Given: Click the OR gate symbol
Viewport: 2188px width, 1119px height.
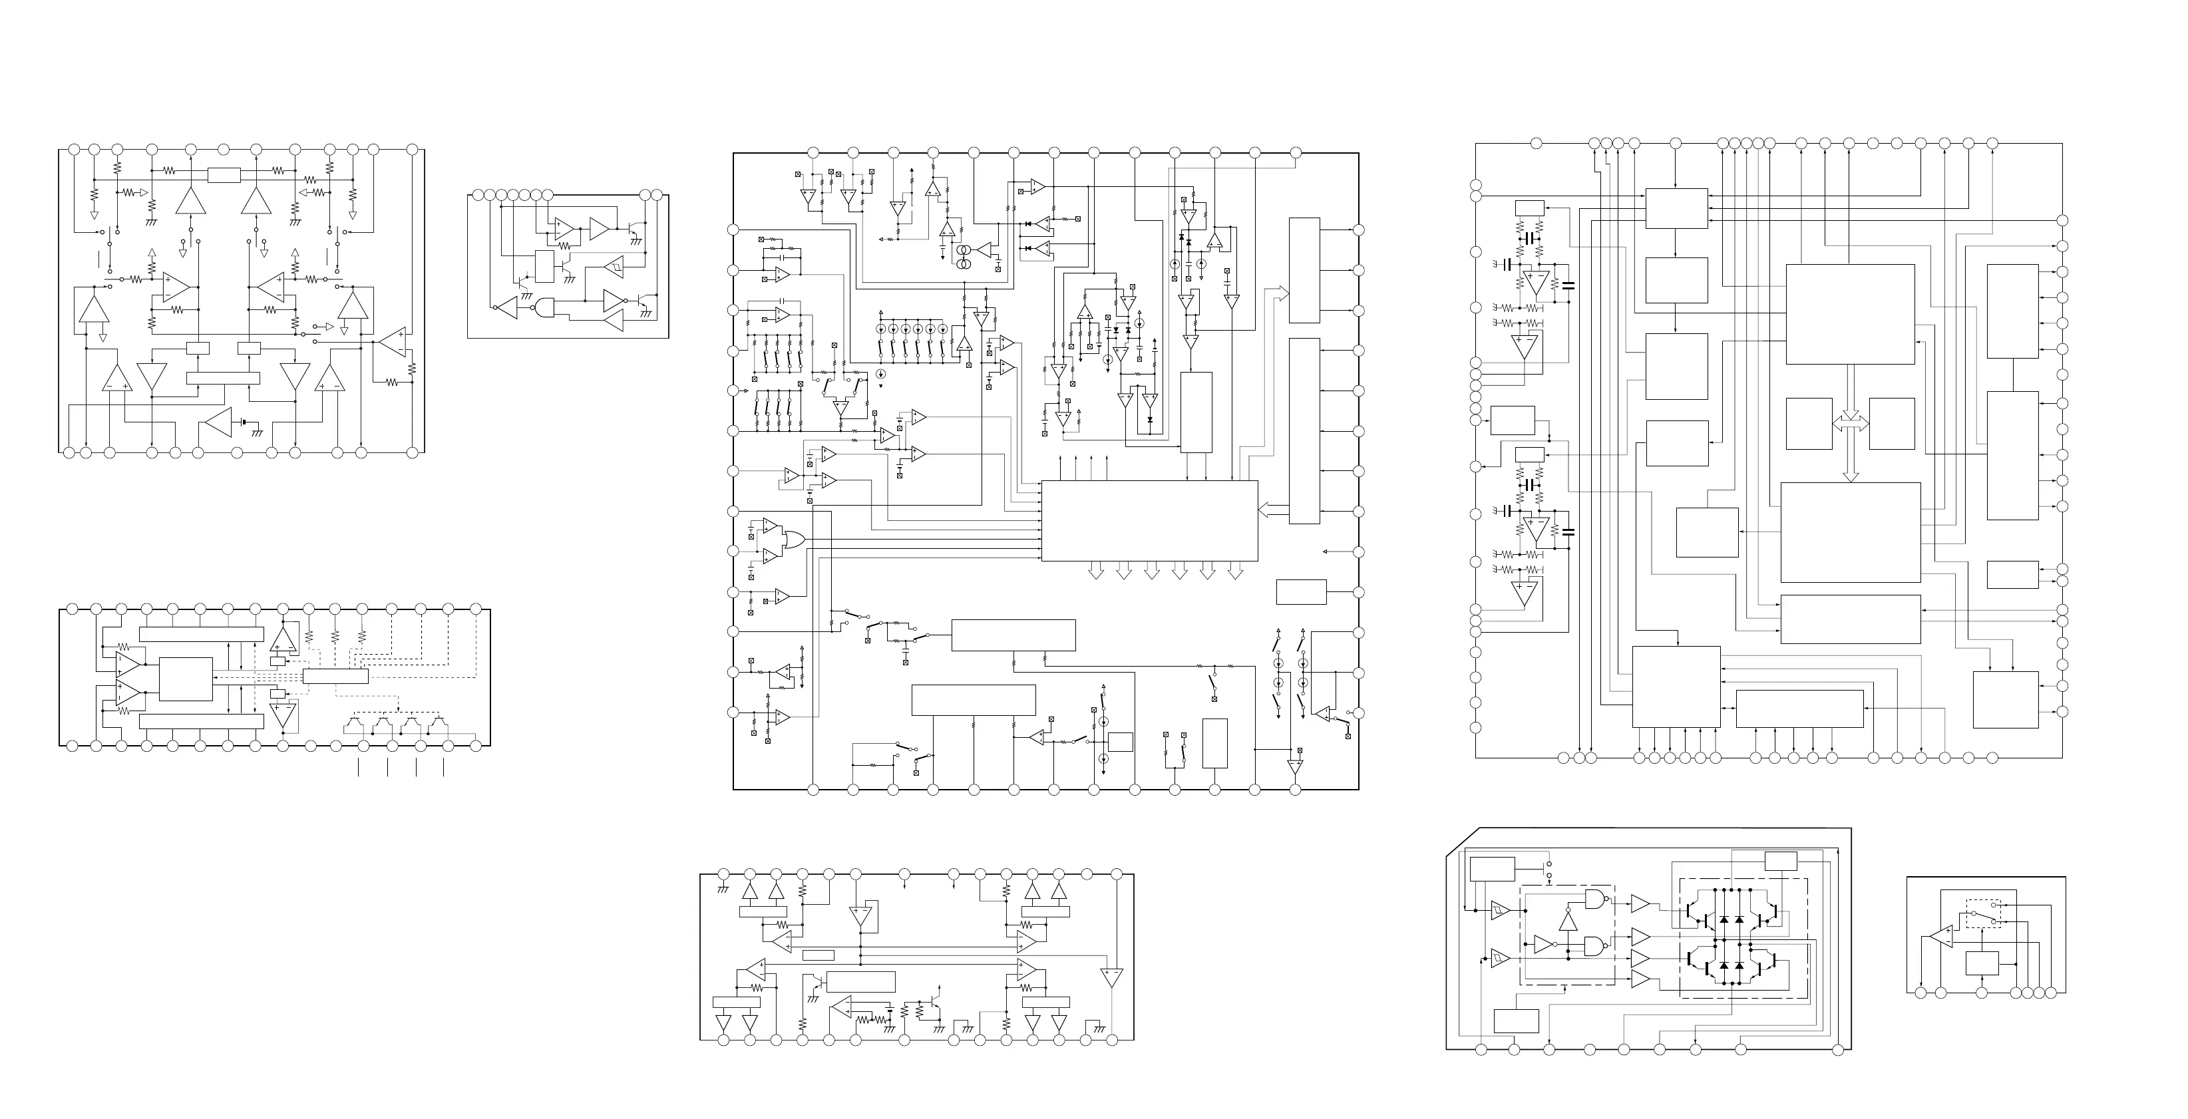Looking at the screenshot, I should click(795, 540).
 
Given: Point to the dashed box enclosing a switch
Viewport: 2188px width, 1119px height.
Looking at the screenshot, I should click(1982, 914).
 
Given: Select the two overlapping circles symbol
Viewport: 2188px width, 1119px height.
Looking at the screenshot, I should click(964, 259).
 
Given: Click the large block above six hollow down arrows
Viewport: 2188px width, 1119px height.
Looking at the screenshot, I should click(1149, 520).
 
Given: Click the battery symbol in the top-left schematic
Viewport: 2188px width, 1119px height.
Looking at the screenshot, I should click(245, 421).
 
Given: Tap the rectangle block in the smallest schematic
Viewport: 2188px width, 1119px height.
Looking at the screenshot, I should click(1982, 963).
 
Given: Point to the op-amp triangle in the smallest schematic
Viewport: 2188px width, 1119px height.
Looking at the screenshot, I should click(1942, 937).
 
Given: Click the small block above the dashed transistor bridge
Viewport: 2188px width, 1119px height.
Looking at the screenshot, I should click(1780, 861).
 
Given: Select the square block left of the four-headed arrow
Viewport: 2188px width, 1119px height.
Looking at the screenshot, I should click(1808, 423).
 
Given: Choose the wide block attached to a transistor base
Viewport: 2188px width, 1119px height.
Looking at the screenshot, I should click(860, 981).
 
